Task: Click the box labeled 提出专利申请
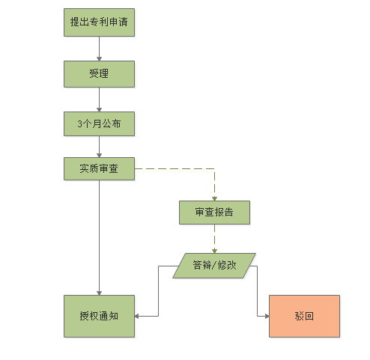coord(99,22)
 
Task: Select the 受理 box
coord(99,74)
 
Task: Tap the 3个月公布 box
coord(99,123)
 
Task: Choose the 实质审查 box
coord(99,168)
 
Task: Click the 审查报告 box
coord(214,213)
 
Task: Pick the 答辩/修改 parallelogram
coord(214,266)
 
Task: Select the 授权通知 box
coord(99,316)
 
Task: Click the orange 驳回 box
coord(304,316)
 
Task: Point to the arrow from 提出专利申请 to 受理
coord(99,49)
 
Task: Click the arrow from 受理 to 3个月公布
coord(99,100)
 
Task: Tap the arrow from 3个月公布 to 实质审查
coord(99,147)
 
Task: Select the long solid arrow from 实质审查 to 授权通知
coord(99,237)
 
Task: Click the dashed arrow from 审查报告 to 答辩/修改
coord(214,239)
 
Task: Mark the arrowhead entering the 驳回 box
coord(267,316)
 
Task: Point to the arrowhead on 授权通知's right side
coord(136,316)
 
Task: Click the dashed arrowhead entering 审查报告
coord(214,198)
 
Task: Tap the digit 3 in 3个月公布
coord(79,124)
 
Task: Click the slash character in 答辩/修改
coord(214,265)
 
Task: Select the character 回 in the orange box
coord(309,316)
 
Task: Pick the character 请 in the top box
coord(123,22)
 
